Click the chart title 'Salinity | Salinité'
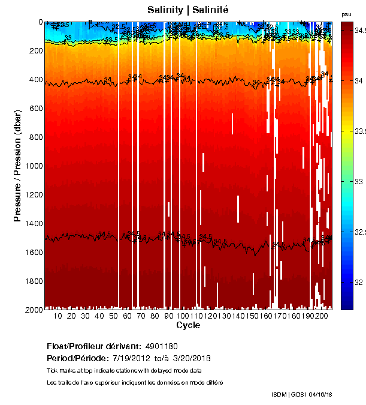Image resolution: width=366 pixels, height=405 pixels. click(188, 10)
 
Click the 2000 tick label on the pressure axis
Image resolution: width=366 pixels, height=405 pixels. click(33, 310)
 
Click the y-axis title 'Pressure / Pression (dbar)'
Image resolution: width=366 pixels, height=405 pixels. click(17, 166)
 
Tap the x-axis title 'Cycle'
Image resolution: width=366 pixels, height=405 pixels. click(188, 326)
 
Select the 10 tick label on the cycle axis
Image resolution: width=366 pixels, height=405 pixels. click(58, 316)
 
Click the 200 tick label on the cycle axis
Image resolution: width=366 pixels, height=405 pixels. click(322, 316)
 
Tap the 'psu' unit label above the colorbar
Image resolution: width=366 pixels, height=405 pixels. click(346, 14)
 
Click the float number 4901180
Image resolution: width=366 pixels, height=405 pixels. click(161, 347)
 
